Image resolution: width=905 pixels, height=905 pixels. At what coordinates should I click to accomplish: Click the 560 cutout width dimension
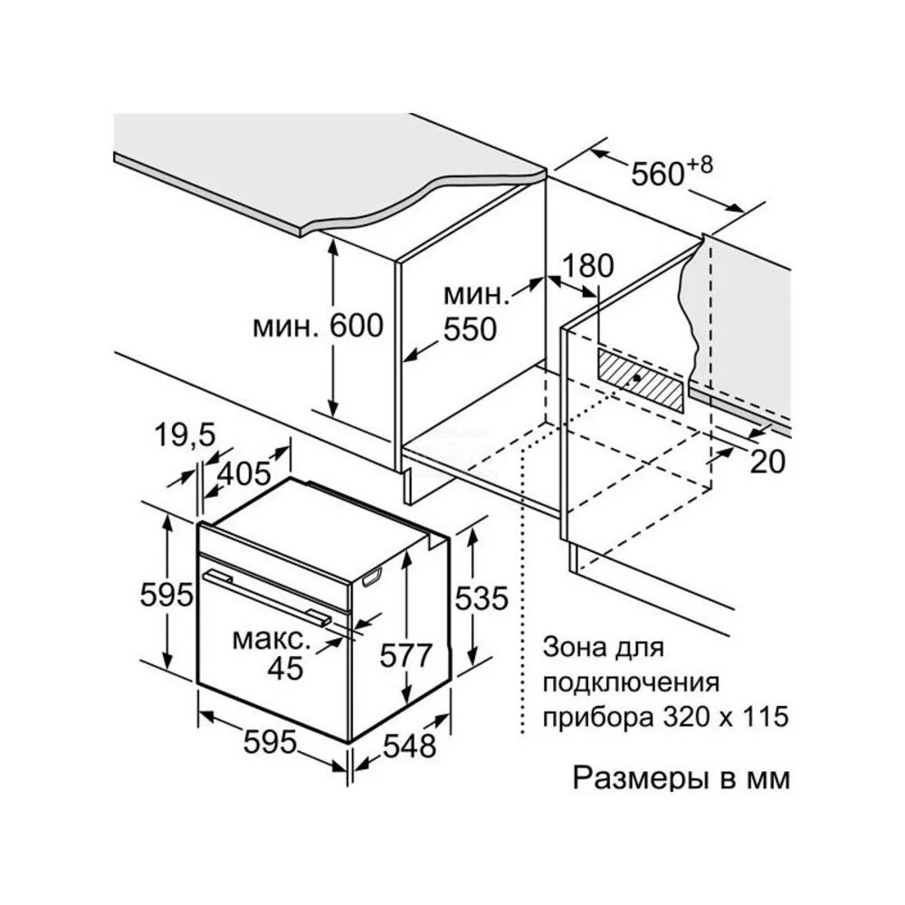(x=657, y=173)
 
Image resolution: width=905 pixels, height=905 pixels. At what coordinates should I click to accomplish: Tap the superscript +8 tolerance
(x=700, y=165)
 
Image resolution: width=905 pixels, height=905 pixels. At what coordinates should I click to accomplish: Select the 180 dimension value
(x=587, y=267)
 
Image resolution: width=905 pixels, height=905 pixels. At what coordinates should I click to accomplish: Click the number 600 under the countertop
(x=357, y=326)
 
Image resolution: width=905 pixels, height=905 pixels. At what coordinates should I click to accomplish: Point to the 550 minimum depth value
(x=470, y=329)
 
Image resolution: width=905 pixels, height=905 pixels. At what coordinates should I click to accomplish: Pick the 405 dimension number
(x=244, y=474)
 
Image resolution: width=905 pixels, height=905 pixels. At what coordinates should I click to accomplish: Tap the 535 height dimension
(x=481, y=598)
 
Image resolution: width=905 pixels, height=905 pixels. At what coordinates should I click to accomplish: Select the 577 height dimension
(x=405, y=655)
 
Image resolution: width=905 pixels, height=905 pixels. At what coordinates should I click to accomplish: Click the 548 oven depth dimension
(x=410, y=745)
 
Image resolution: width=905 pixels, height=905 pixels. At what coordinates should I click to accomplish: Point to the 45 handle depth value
(x=285, y=669)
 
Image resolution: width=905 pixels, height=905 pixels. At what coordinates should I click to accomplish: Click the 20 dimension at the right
(x=767, y=462)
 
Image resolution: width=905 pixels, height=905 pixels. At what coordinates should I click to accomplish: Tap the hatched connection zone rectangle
(x=641, y=381)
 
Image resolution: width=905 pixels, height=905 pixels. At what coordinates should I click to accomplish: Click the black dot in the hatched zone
(x=635, y=378)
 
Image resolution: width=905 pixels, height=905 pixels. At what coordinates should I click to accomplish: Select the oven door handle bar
(x=267, y=596)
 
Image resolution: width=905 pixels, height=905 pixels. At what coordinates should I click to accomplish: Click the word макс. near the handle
(x=271, y=640)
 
